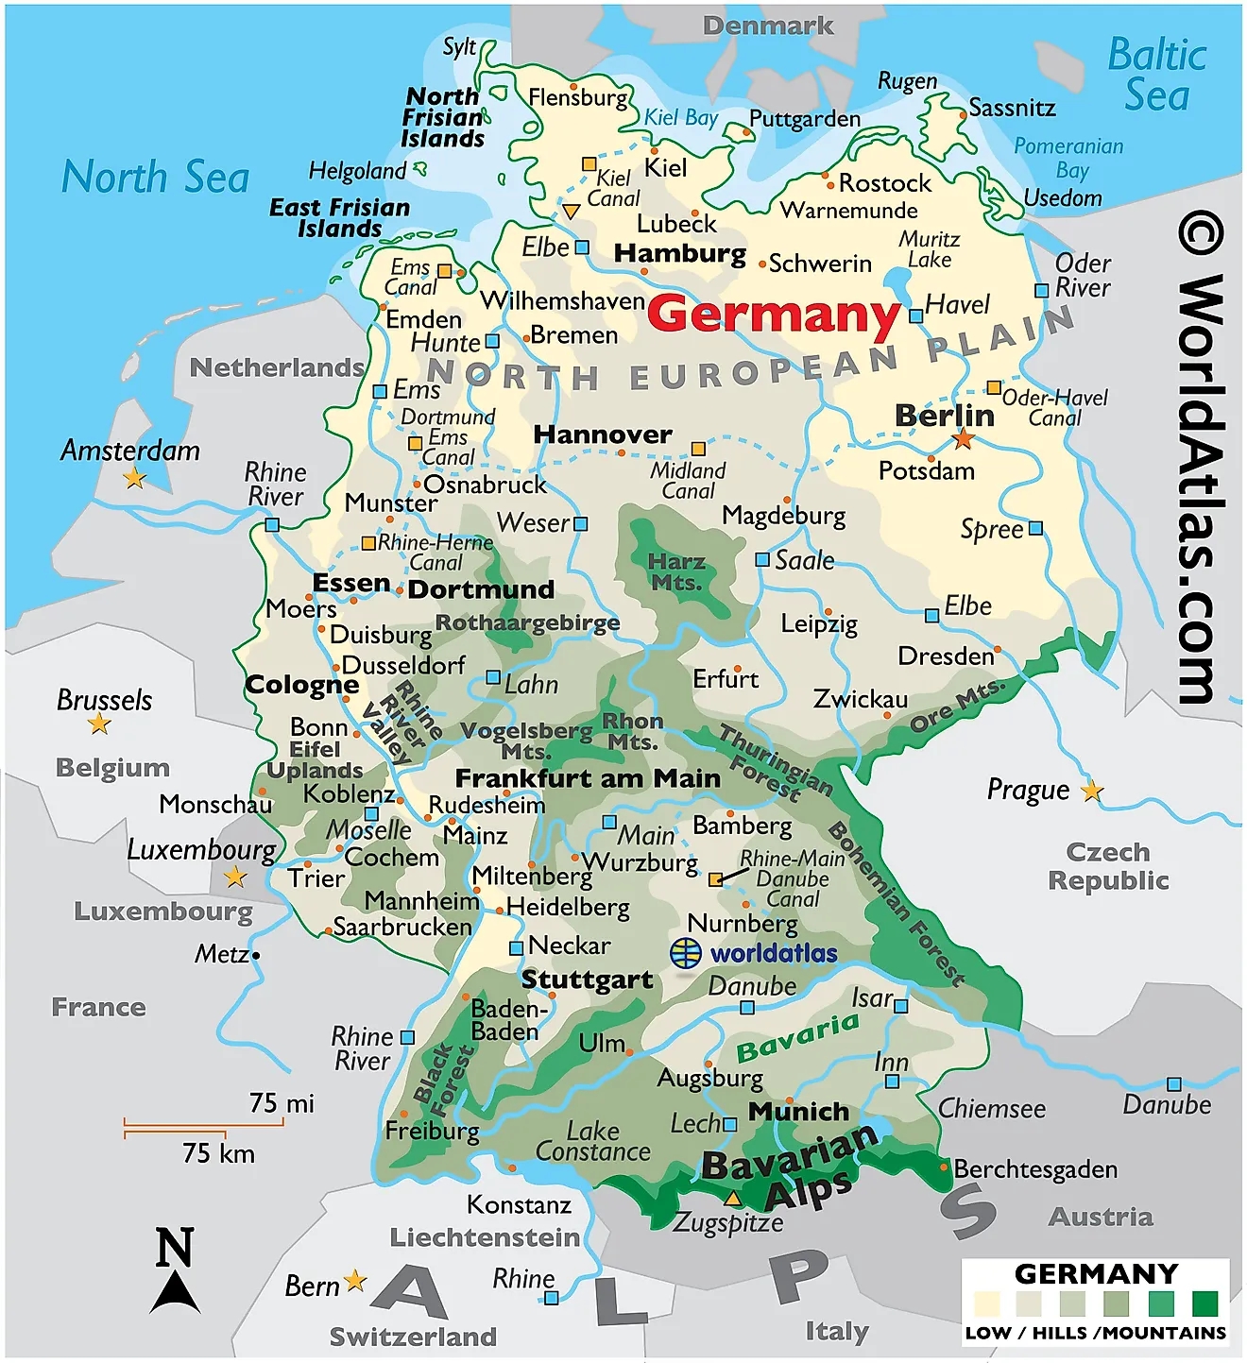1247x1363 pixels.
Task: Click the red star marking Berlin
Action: [x=963, y=438]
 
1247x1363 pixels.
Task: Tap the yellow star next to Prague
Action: [x=1092, y=791]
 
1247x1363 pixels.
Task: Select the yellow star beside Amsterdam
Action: [x=135, y=478]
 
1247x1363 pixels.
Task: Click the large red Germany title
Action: [x=774, y=314]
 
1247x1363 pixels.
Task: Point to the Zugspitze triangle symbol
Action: [x=732, y=1199]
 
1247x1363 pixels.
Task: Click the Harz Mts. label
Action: [x=676, y=572]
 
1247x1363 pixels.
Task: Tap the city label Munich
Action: [x=798, y=1112]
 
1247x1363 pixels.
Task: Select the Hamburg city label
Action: [x=679, y=253]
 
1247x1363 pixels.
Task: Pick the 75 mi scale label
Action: [x=282, y=1103]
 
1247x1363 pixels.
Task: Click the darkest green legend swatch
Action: [x=1204, y=1303]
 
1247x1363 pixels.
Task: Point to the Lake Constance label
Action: [x=592, y=1141]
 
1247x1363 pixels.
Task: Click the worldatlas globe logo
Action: [x=686, y=953]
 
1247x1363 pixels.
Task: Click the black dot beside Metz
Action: [x=256, y=955]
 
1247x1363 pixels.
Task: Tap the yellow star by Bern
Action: [x=355, y=1281]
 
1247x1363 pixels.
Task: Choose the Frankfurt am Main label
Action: [x=588, y=778]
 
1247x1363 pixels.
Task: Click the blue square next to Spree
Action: [x=1035, y=528]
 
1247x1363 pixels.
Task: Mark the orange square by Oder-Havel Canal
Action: [x=994, y=387]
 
